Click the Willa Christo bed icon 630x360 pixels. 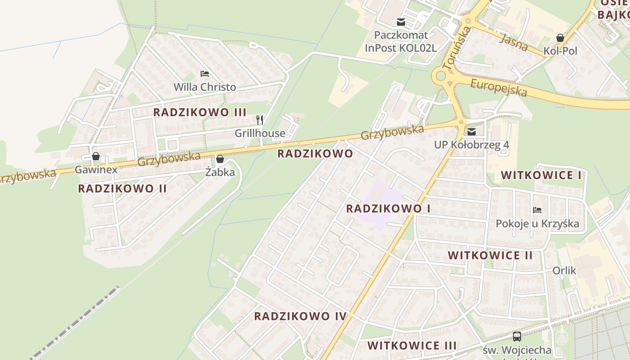click(205, 74)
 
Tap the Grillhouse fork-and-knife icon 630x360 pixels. click(260, 120)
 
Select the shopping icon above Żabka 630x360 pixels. click(220, 159)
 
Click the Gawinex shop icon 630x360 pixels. click(95, 157)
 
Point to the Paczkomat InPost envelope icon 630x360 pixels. click(400, 22)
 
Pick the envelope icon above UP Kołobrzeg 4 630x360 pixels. click(471, 132)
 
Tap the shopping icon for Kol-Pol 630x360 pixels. click(560, 38)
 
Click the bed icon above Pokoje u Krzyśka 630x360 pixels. click(537, 210)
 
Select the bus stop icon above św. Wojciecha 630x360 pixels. click(517, 336)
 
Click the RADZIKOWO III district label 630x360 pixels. click(200, 112)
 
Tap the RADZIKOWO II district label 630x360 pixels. click(122, 189)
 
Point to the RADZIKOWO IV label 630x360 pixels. click(300, 316)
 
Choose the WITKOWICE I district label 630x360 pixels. click(541, 175)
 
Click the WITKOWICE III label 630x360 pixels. click(412, 346)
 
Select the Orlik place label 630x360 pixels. click(564, 271)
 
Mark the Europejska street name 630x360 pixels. click(498, 87)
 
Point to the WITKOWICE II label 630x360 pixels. click(490, 256)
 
